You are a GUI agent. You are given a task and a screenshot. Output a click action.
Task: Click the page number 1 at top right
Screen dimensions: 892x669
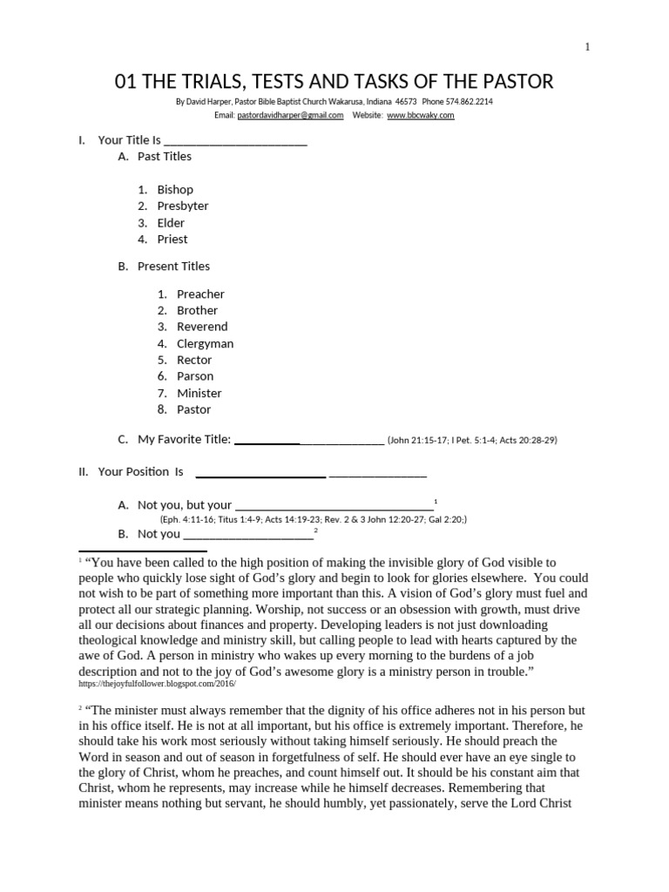587,47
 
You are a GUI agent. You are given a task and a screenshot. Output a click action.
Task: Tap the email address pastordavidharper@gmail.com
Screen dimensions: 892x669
290,115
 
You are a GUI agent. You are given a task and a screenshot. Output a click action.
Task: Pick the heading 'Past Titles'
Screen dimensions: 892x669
165,157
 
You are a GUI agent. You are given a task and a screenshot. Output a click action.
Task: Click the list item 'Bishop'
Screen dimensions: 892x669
175,190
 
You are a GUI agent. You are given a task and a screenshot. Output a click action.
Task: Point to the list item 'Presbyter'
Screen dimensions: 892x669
183,206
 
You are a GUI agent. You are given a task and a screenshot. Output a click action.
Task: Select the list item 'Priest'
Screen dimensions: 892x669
172,240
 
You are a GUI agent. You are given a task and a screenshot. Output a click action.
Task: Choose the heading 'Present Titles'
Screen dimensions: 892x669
173,267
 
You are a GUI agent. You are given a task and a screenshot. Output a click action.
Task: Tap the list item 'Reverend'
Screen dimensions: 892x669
202,327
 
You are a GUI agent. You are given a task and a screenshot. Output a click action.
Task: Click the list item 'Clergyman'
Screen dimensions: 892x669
205,343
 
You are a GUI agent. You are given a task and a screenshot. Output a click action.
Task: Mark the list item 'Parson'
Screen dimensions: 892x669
195,376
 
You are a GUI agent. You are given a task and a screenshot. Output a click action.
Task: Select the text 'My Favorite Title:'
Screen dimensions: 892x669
184,440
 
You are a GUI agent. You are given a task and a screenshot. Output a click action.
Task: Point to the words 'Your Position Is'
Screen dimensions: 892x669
140,472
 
